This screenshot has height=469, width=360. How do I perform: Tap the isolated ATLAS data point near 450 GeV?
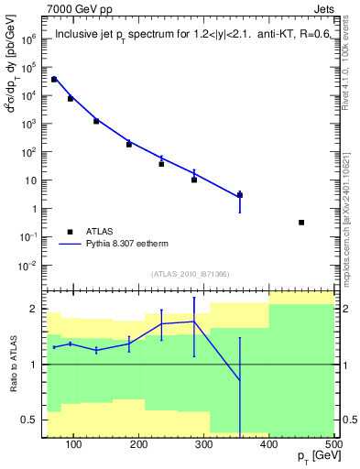click(301, 223)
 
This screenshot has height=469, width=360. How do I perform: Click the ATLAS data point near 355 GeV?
click(240, 195)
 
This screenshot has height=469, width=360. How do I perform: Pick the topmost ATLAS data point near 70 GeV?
click(54, 80)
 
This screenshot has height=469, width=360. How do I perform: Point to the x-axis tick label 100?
click(74, 446)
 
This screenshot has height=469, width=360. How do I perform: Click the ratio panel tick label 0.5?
click(31, 420)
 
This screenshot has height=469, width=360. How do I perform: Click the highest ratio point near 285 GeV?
click(193, 322)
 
